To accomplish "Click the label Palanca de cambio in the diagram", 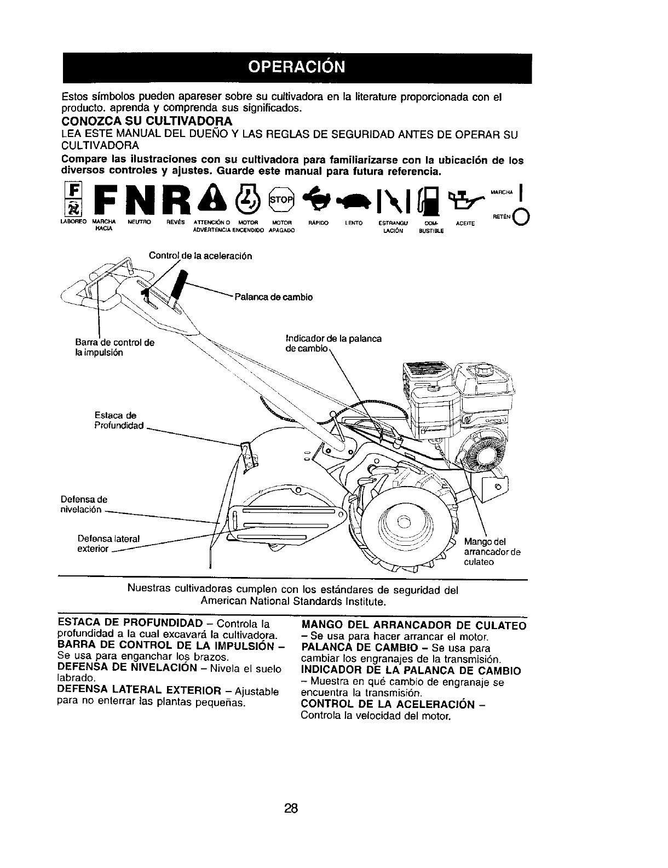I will pyautogui.click(x=273, y=297).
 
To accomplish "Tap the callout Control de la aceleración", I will pyautogui.click(x=200, y=256).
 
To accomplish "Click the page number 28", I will pyautogui.click(x=291, y=808).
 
